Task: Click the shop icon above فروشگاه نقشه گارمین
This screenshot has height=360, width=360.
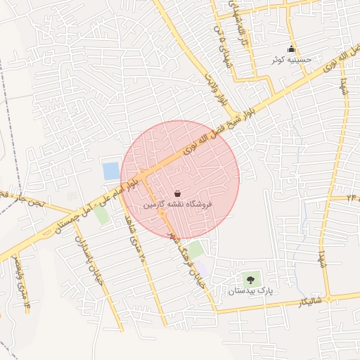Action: click(x=176, y=193)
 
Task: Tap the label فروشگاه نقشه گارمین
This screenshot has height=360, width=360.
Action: click(x=177, y=205)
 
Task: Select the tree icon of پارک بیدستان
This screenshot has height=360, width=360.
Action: click(x=250, y=279)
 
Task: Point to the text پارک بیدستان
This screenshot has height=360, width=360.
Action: click(x=250, y=290)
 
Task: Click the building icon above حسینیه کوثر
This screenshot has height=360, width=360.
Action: click(x=292, y=49)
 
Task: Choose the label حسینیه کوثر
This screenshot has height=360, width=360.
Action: click(x=288, y=60)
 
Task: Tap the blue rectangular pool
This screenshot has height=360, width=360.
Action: click(x=111, y=171)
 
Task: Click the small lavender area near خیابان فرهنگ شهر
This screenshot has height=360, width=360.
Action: click(x=202, y=268)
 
